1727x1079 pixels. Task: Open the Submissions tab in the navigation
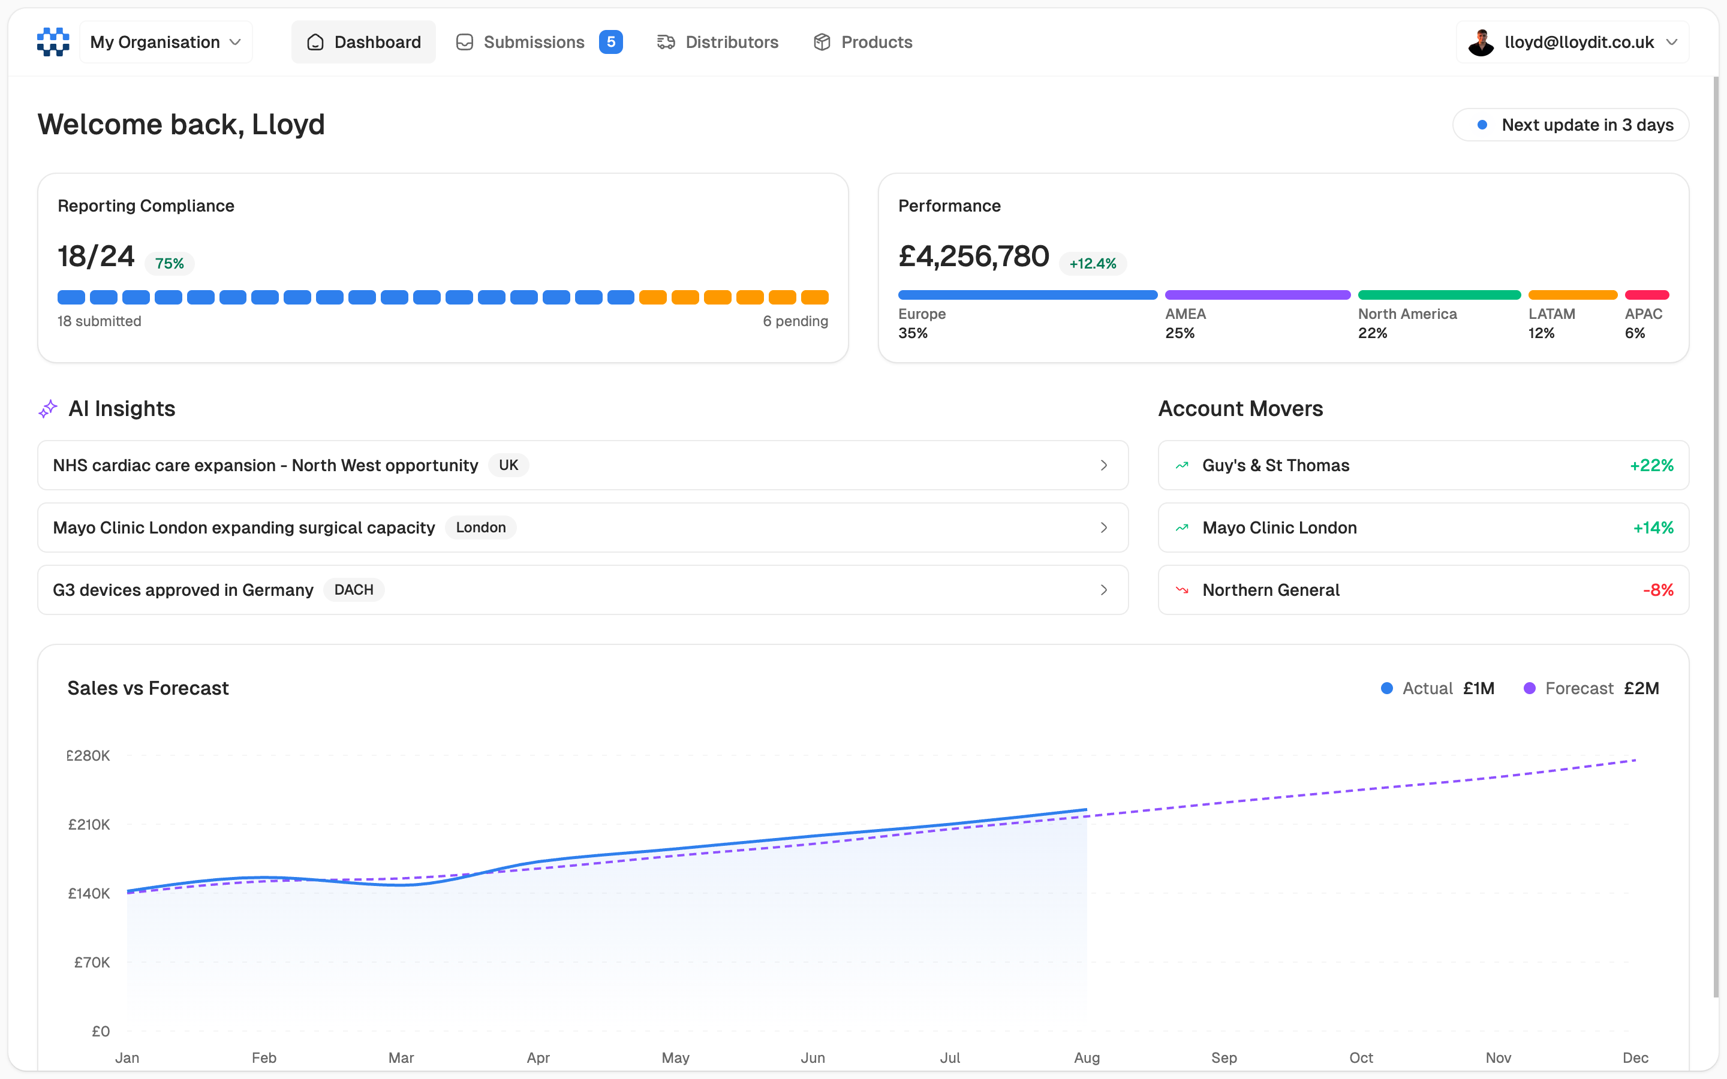533,42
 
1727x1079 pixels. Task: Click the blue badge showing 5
611,42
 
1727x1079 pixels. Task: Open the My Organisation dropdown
166,42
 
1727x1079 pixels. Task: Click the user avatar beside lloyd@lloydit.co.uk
1481,42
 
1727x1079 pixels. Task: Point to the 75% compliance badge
169,263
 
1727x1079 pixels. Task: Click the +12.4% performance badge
1092,263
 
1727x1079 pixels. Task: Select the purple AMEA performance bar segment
1257,295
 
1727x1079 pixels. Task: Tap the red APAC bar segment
1647,295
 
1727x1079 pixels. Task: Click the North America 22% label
1407,323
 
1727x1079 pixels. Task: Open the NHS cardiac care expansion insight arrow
1103,465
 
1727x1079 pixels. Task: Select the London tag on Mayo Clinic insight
480,528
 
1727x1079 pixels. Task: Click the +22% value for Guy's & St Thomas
1651,465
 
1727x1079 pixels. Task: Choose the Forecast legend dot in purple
1529,689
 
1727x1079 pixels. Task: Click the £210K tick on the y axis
89,824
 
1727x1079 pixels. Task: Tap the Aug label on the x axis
1086,1057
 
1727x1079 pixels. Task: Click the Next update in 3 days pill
1570,125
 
